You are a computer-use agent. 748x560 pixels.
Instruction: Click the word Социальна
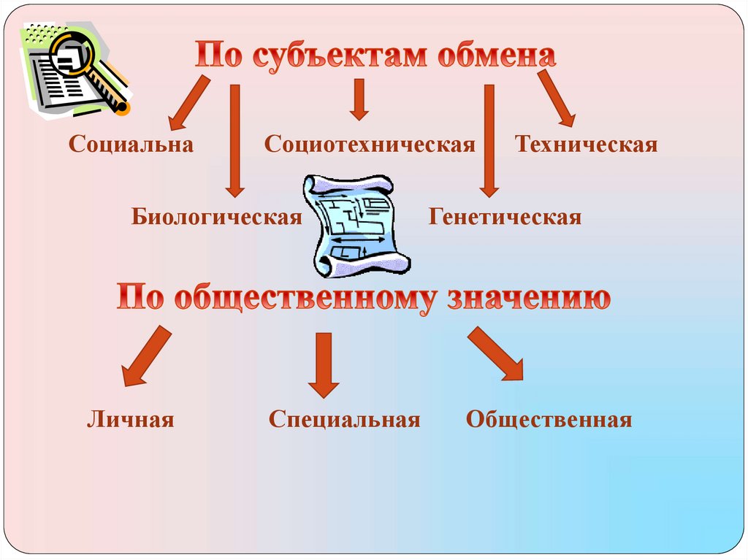[131, 144]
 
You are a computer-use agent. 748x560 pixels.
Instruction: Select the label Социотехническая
[370, 144]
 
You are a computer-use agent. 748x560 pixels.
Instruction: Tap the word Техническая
[586, 144]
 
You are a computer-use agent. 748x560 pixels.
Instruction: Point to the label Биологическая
[217, 217]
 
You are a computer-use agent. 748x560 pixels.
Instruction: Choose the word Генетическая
[505, 217]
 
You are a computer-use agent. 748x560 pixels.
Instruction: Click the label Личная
[131, 419]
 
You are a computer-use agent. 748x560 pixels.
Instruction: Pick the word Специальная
[344, 419]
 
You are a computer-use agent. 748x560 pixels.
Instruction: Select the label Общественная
[549, 419]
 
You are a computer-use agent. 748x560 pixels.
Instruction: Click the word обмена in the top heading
[496, 56]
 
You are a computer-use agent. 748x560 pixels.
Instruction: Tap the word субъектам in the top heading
[340, 56]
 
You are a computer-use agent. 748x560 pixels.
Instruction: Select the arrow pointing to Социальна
[188, 102]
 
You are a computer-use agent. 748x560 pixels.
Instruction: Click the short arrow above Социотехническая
[358, 99]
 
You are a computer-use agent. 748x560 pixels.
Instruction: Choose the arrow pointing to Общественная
[497, 355]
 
